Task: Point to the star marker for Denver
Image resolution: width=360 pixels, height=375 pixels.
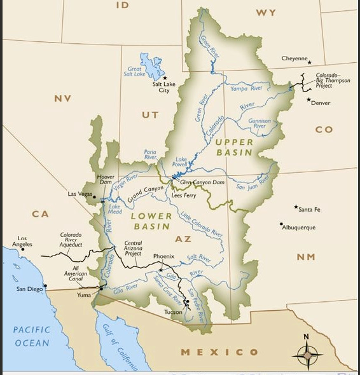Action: [x=309, y=100]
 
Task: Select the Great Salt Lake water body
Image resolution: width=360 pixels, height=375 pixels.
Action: [x=151, y=66]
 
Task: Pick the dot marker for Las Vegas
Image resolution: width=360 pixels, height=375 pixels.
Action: [x=95, y=198]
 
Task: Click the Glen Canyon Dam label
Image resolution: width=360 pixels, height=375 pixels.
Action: [x=202, y=182]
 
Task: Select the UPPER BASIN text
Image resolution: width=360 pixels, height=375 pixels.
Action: [x=233, y=147]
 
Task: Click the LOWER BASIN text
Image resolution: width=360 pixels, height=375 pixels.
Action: [x=151, y=221]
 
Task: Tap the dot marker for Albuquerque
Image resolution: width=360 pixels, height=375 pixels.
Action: [x=281, y=224]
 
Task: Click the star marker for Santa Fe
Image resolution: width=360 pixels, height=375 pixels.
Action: [x=296, y=207]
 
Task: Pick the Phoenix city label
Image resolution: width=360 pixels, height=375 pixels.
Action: [x=163, y=256]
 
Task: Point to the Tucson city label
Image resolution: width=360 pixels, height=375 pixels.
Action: [x=172, y=311]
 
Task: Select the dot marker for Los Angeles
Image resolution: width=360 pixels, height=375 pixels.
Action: [x=22, y=249]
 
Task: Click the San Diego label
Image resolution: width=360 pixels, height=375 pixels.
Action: [x=29, y=289]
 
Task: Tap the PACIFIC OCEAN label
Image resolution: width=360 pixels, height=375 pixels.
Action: [x=31, y=336]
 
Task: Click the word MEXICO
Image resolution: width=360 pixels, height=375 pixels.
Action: [x=219, y=351]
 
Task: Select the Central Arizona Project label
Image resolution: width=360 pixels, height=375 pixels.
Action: [x=133, y=247]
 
